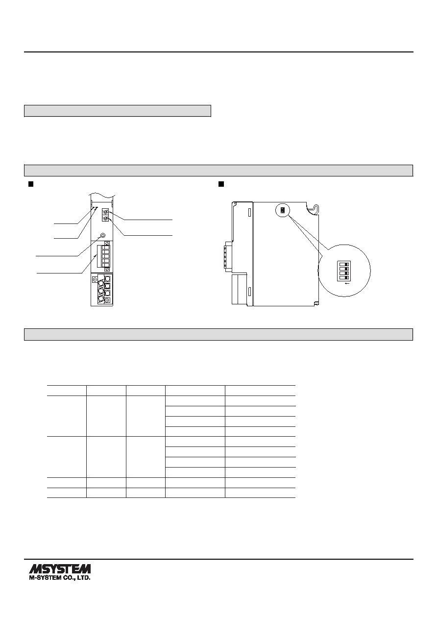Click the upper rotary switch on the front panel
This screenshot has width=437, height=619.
(105, 212)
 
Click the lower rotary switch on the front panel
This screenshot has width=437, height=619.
(105, 219)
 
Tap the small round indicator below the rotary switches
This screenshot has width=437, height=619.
(103, 235)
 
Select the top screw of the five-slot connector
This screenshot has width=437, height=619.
(107, 244)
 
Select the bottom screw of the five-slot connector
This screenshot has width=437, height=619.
(107, 269)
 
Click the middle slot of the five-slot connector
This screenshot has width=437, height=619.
(104, 256)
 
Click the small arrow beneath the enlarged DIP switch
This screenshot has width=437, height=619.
(348, 283)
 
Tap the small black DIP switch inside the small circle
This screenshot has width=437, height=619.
(282, 210)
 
